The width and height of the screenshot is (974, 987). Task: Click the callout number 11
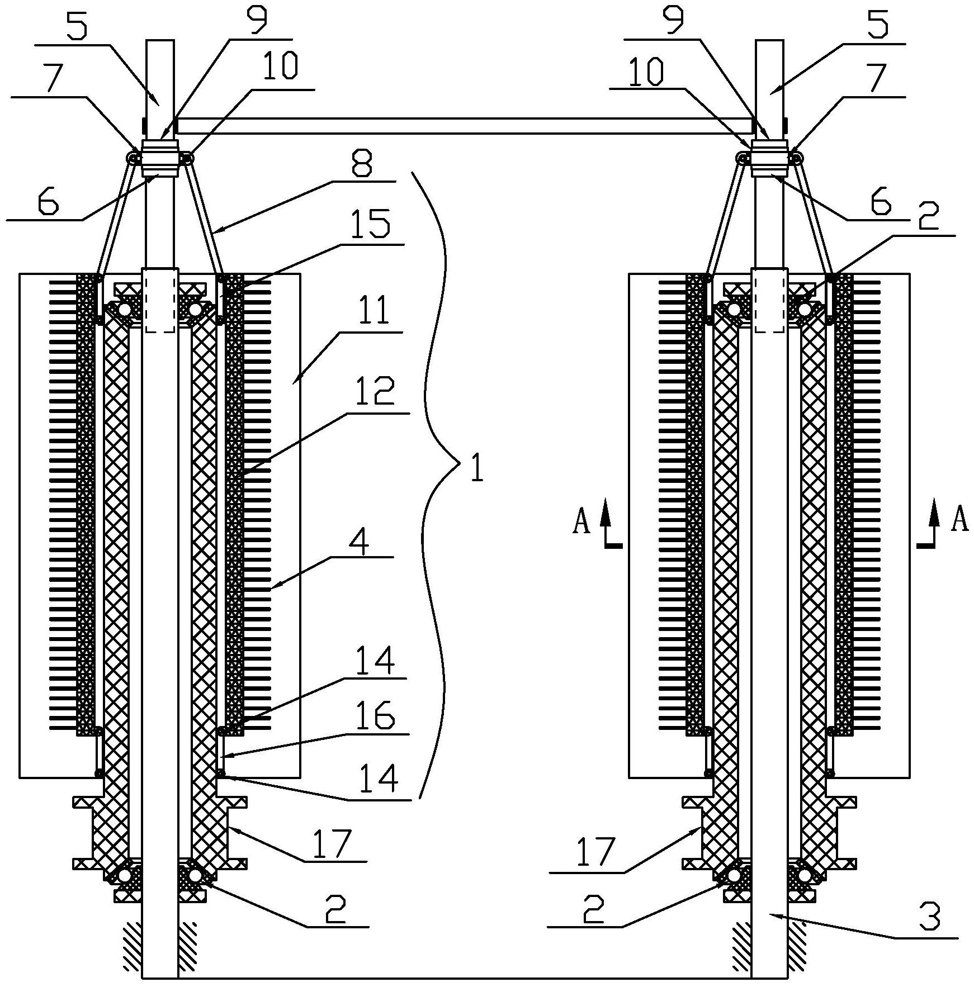(x=373, y=310)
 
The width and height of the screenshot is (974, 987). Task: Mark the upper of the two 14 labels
(x=376, y=661)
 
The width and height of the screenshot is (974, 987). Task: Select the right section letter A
(x=959, y=520)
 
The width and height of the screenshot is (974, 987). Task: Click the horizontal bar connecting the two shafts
(x=465, y=126)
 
